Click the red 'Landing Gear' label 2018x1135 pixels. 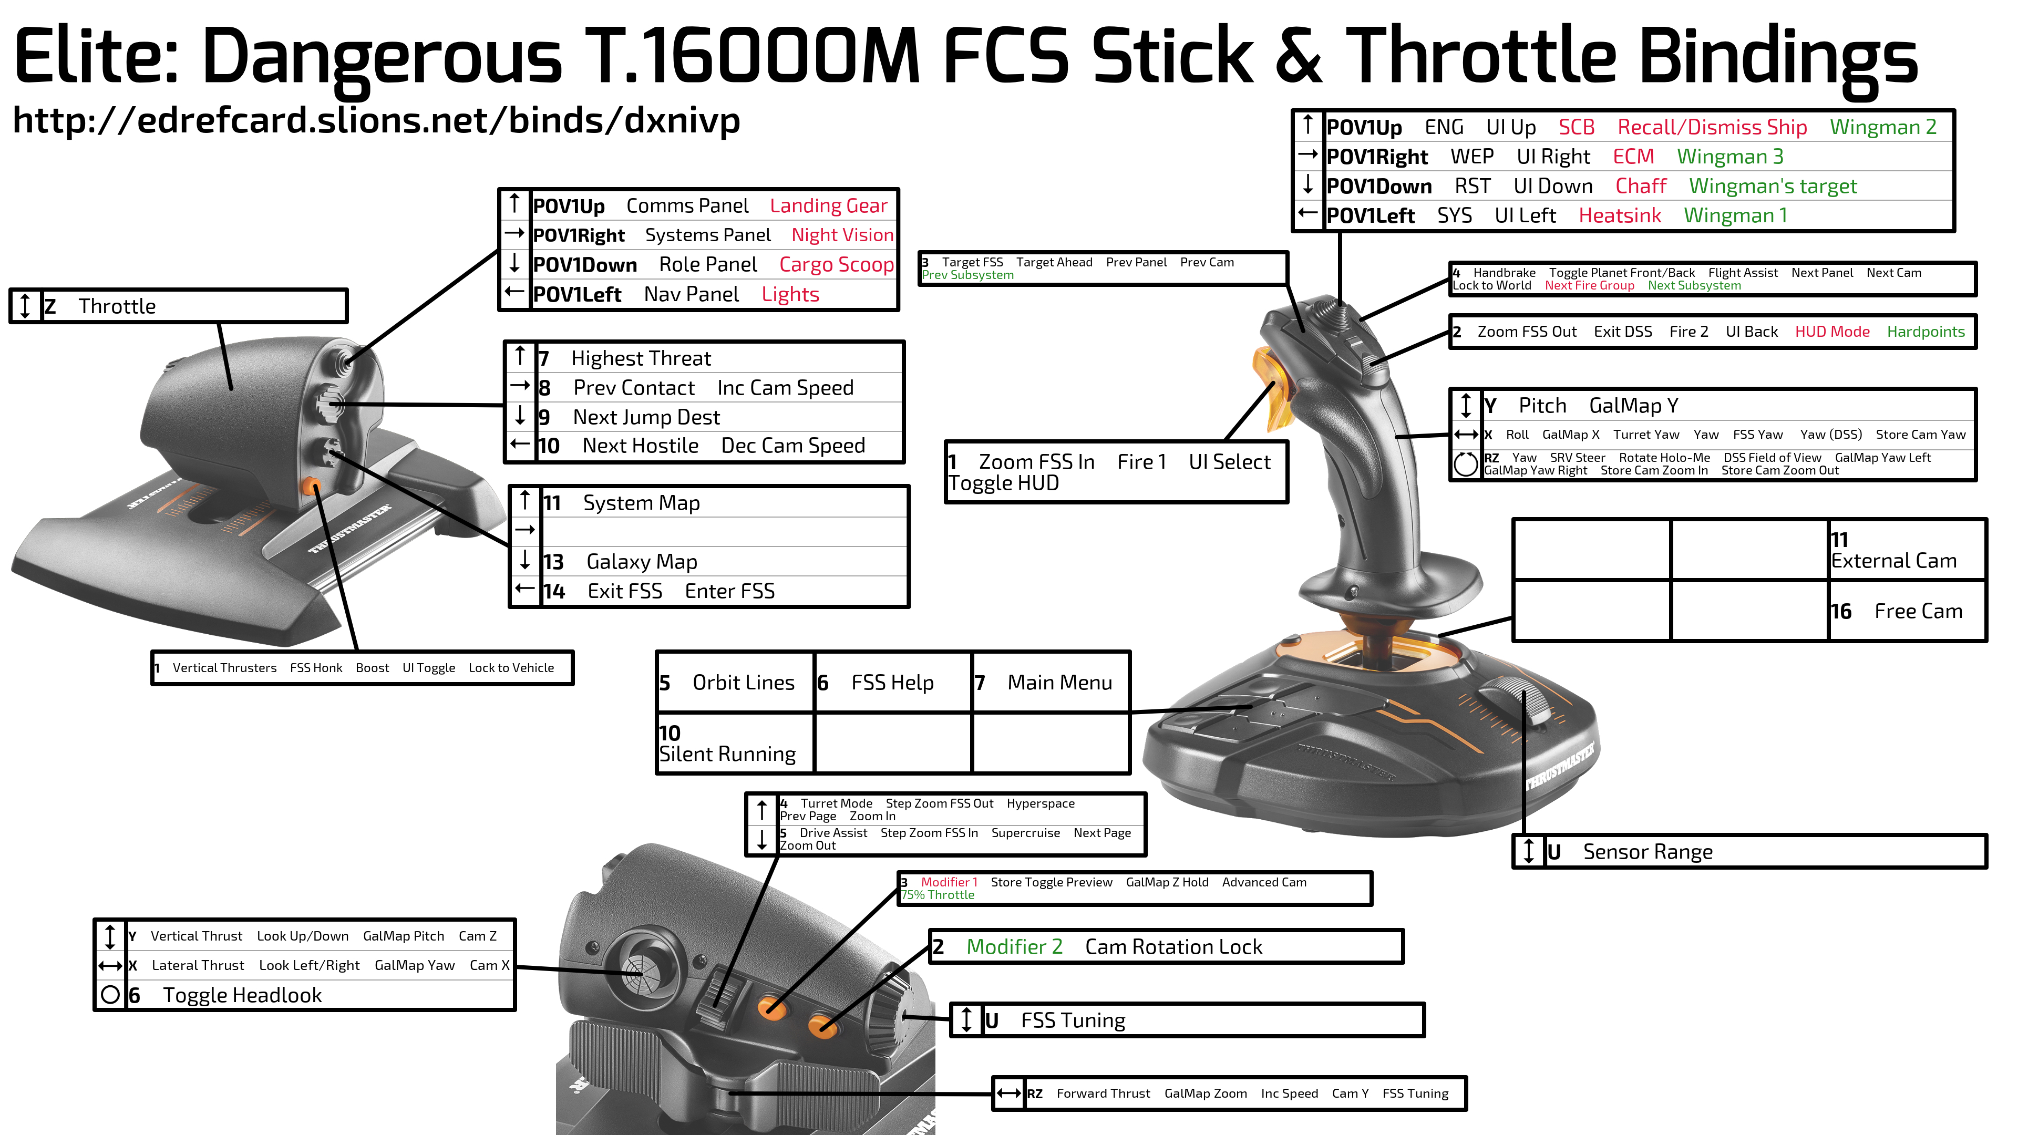[828, 206]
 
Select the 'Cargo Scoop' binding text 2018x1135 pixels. [836, 265]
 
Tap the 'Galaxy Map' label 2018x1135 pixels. [642, 562]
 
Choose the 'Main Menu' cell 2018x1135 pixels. [1051, 682]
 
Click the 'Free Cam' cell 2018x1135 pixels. [1908, 611]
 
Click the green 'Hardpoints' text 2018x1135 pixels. [1926, 332]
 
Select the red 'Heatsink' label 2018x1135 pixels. [1619, 215]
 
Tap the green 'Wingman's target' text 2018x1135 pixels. [1772, 187]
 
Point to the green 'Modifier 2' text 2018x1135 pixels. [1014, 946]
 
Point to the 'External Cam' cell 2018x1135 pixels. [1908, 550]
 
